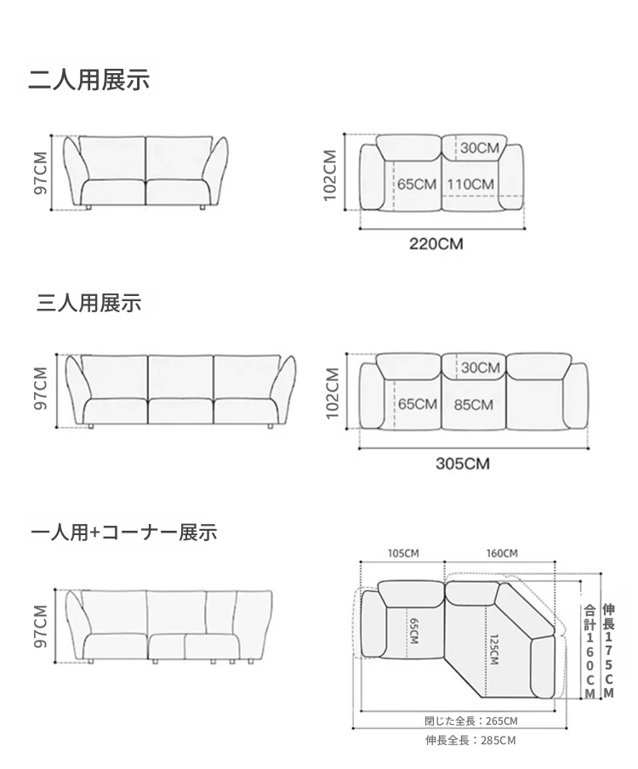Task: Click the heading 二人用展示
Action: (x=88, y=81)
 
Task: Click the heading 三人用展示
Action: (x=88, y=303)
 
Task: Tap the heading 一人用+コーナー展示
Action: (x=123, y=533)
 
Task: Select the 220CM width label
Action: (x=436, y=244)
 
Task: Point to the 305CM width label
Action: (x=463, y=464)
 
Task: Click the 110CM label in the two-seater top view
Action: (x=470, y=185)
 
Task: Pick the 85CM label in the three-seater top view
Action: (x=473, y=405)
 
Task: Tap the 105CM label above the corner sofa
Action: (x=403, y=553)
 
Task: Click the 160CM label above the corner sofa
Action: (x=502, y=553)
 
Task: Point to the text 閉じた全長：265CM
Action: (x=470, y=721)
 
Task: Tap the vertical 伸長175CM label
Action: (x=608, y=651)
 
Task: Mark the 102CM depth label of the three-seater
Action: (x=333, y=393)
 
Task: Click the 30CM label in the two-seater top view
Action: (x=480, y=148)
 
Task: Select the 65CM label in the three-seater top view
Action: (x=418, y=404)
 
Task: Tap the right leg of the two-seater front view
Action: (x=202, y=208)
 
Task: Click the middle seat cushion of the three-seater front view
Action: (x=180, y=411)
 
